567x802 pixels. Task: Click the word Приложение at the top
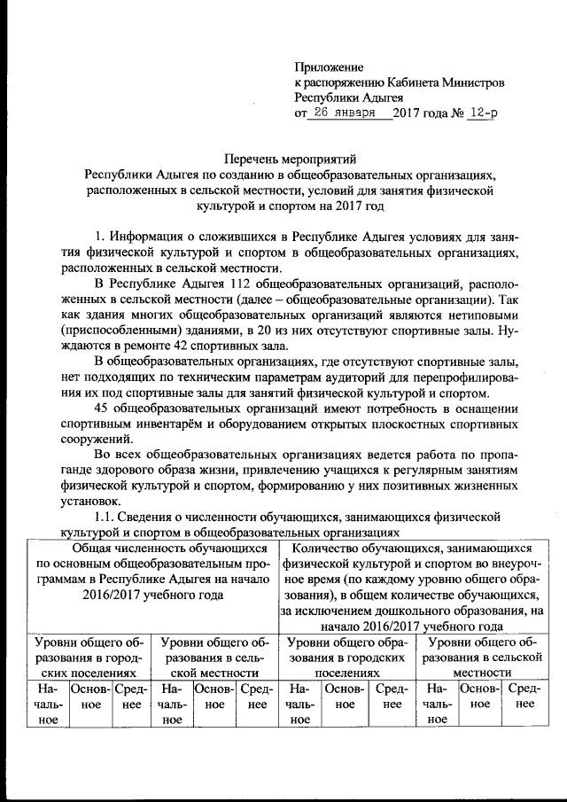pyautogui.click(x=329, y=66)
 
